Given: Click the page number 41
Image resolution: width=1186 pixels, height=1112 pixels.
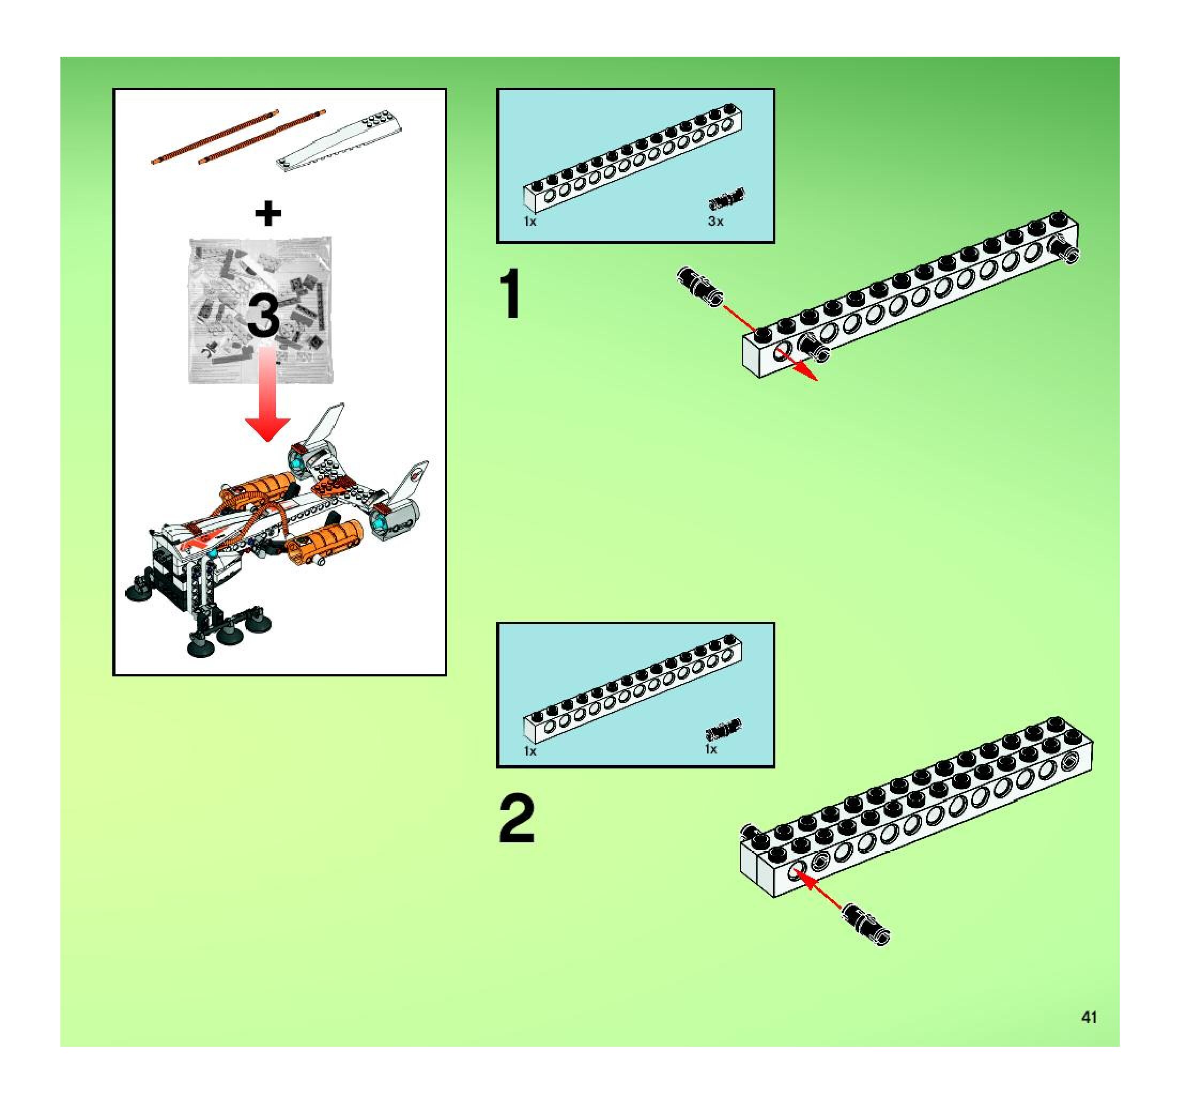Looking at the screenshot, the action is (1089, 1017).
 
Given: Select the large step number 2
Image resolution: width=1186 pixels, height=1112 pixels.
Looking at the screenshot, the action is (517, 818).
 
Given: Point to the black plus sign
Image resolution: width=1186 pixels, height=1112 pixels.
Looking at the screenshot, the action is (268, 214).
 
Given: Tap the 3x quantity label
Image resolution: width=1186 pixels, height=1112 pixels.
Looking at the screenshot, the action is (716, 222).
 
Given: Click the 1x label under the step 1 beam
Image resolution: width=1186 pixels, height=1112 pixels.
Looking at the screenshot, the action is (530, 222).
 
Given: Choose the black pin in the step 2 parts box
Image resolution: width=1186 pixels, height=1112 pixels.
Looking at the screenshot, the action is (723, 729).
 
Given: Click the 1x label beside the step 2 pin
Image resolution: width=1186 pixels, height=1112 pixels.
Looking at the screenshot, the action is (711, 749).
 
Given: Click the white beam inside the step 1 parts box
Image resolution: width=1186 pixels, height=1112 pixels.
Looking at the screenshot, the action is (633, 158).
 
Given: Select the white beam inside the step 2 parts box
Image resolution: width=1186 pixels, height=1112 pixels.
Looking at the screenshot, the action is (633, 689).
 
